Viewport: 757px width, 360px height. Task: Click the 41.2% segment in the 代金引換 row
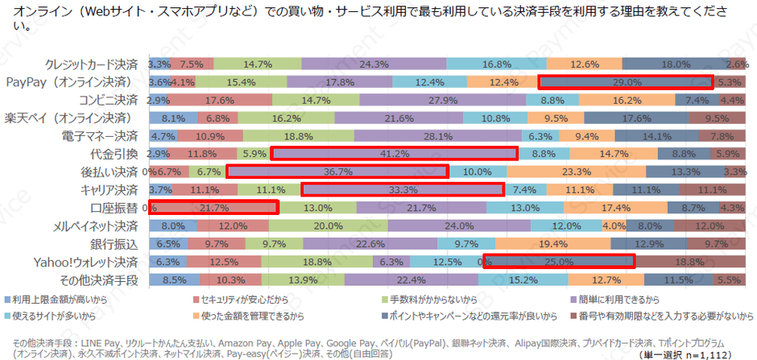point(394,153)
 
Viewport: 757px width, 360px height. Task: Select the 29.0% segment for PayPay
point(625,81)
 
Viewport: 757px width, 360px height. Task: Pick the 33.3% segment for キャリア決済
point(402,189)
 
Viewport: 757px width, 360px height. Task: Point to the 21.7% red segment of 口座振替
point(213,207)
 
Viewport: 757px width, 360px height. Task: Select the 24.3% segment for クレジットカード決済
point(374,64)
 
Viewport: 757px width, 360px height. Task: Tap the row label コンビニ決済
point(108,100)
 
